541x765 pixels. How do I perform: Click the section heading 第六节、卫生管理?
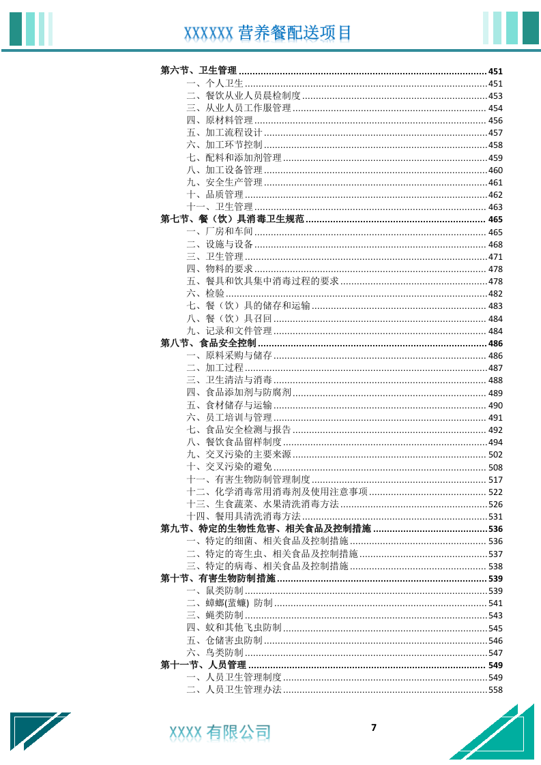click(x=199, y=71)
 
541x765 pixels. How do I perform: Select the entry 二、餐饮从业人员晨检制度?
click(x=244, y=95)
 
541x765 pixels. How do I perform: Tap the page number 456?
click(x=495, y=121)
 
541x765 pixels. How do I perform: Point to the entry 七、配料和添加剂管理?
click(x=234, y=157)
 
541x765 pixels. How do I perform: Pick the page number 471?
click(x=495, y=256)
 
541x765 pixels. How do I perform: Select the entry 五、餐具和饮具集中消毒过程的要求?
click(x=263, y=281)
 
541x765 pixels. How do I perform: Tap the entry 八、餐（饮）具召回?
click(x=229, y=318)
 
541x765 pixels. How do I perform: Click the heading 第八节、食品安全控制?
click(x=208, y=343)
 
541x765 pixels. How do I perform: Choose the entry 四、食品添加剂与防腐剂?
click(x=239, y=393)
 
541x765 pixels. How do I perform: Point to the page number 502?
click(x=495, y=455)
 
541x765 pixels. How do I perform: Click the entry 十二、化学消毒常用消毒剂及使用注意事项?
click(x=277, y=492)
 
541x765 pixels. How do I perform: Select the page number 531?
click(x=495, y=517)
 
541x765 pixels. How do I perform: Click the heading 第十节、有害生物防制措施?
click(x=218, y=578)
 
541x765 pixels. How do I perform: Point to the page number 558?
click(x=495, y=690)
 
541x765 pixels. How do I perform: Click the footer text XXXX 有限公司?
click(x=220, y=732)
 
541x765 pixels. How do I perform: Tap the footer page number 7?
click(x=373, y=727)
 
